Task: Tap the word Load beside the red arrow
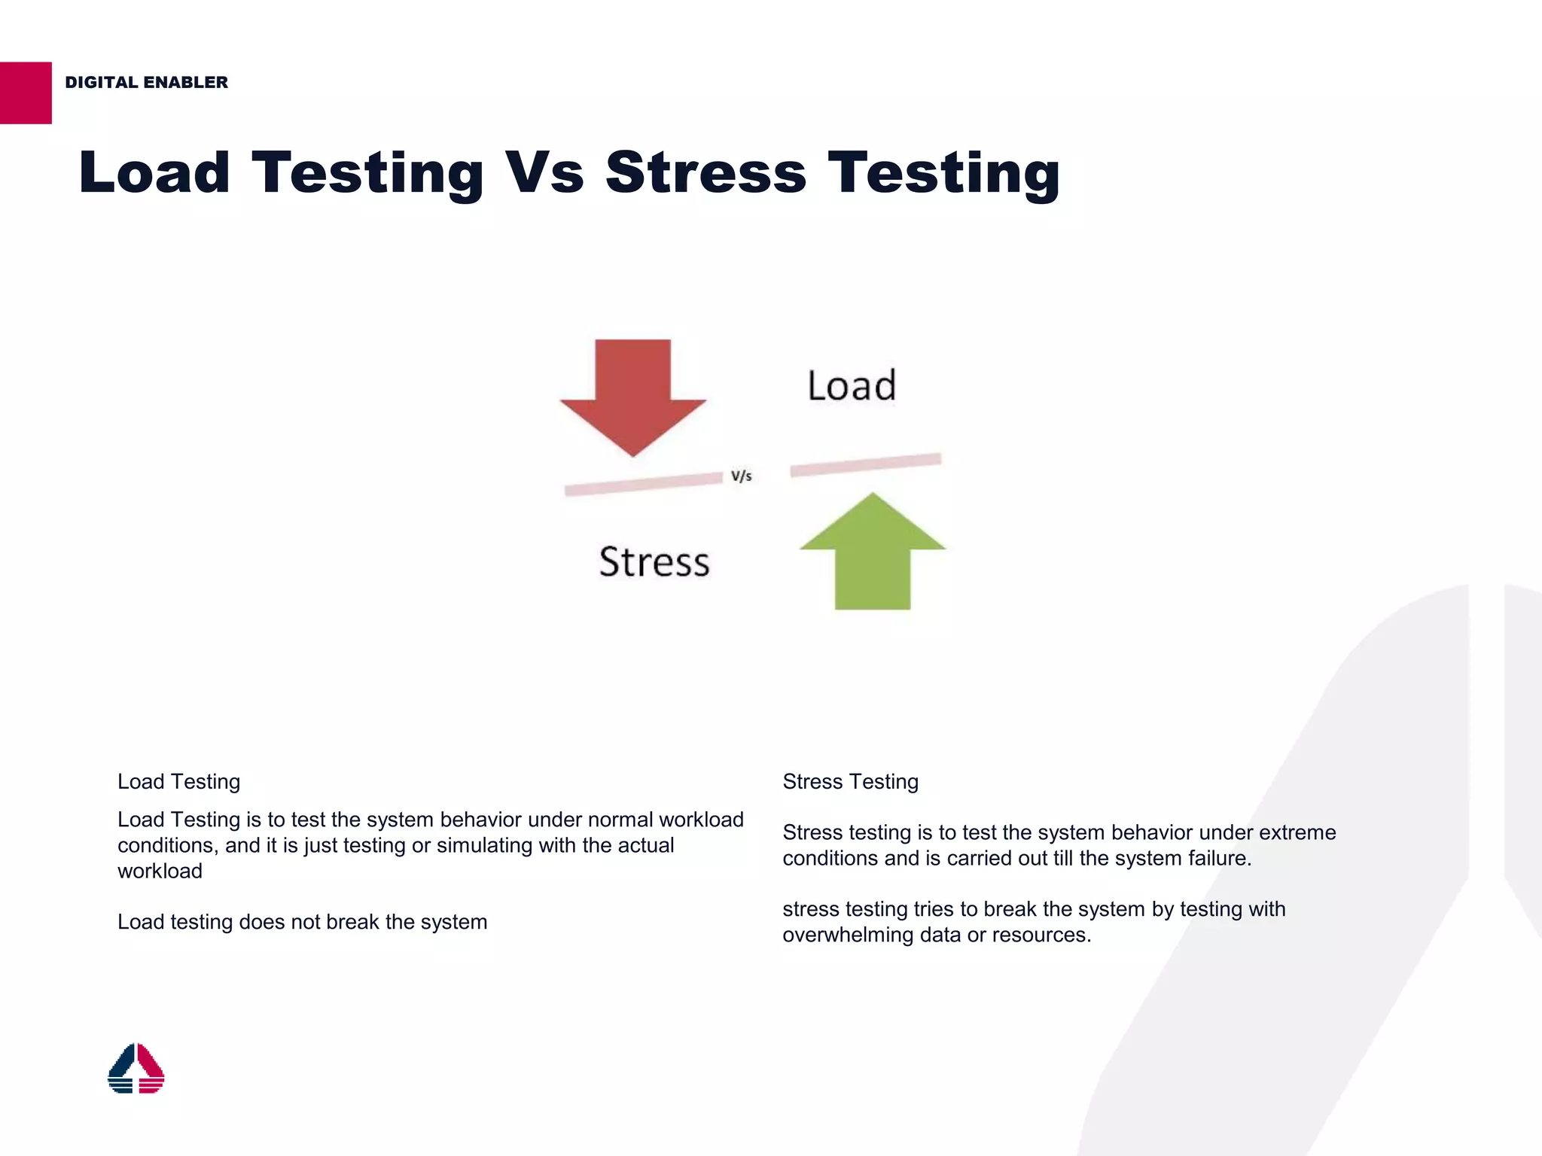852,385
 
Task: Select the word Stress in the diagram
654,562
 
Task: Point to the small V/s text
741,476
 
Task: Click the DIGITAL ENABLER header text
146,82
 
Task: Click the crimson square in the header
26,93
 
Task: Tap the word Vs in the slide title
544,172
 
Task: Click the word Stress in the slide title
705,172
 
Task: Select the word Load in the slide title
154,172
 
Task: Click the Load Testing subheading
178,781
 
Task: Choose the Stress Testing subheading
850,781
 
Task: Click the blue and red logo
136,1068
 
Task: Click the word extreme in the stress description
1297,832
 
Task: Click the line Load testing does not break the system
302,922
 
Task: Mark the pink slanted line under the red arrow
643,484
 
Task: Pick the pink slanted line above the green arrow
865,464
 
